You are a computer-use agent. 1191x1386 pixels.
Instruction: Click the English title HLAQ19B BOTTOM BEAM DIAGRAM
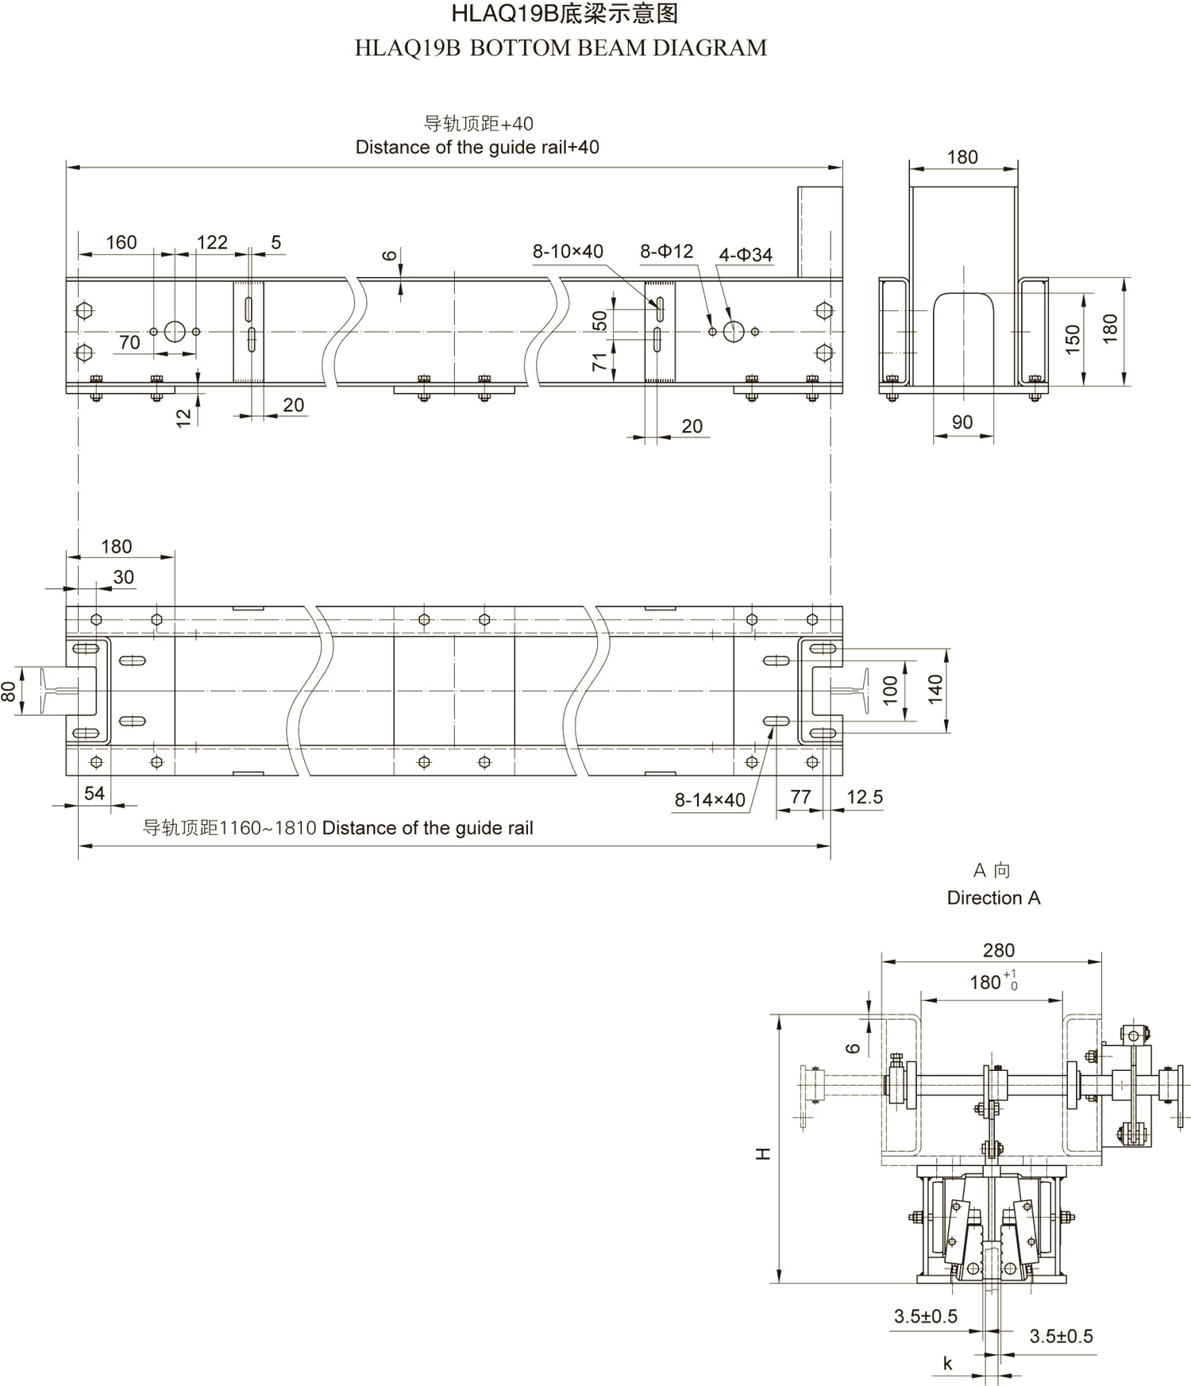561,48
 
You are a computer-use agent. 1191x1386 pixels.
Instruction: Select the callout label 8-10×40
568,252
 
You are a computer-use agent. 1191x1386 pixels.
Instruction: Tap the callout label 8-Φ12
667,252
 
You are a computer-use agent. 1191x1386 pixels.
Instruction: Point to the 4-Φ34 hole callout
746,255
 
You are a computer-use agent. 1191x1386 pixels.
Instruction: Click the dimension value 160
121,242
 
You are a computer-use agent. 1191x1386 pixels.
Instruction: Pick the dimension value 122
212,242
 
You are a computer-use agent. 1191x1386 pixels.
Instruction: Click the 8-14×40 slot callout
710,800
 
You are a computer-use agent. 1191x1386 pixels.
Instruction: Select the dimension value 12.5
865,797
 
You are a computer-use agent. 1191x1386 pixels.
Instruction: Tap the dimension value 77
800,797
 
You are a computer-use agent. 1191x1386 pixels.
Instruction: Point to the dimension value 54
94,793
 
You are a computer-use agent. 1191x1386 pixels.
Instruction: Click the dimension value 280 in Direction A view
998,950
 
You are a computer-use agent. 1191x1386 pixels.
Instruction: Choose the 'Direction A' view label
993,898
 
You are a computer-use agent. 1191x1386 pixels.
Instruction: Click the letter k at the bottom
947,1364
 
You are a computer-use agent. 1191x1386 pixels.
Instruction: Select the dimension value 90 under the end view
962,422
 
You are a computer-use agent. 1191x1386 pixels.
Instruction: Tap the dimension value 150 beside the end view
1073,339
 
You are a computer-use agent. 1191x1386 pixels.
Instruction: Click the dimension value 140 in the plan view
935,689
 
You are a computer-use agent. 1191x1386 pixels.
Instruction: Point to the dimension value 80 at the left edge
9,691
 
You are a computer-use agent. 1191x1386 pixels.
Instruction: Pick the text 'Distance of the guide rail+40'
477,148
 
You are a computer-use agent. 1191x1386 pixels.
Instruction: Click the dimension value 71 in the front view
600,362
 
